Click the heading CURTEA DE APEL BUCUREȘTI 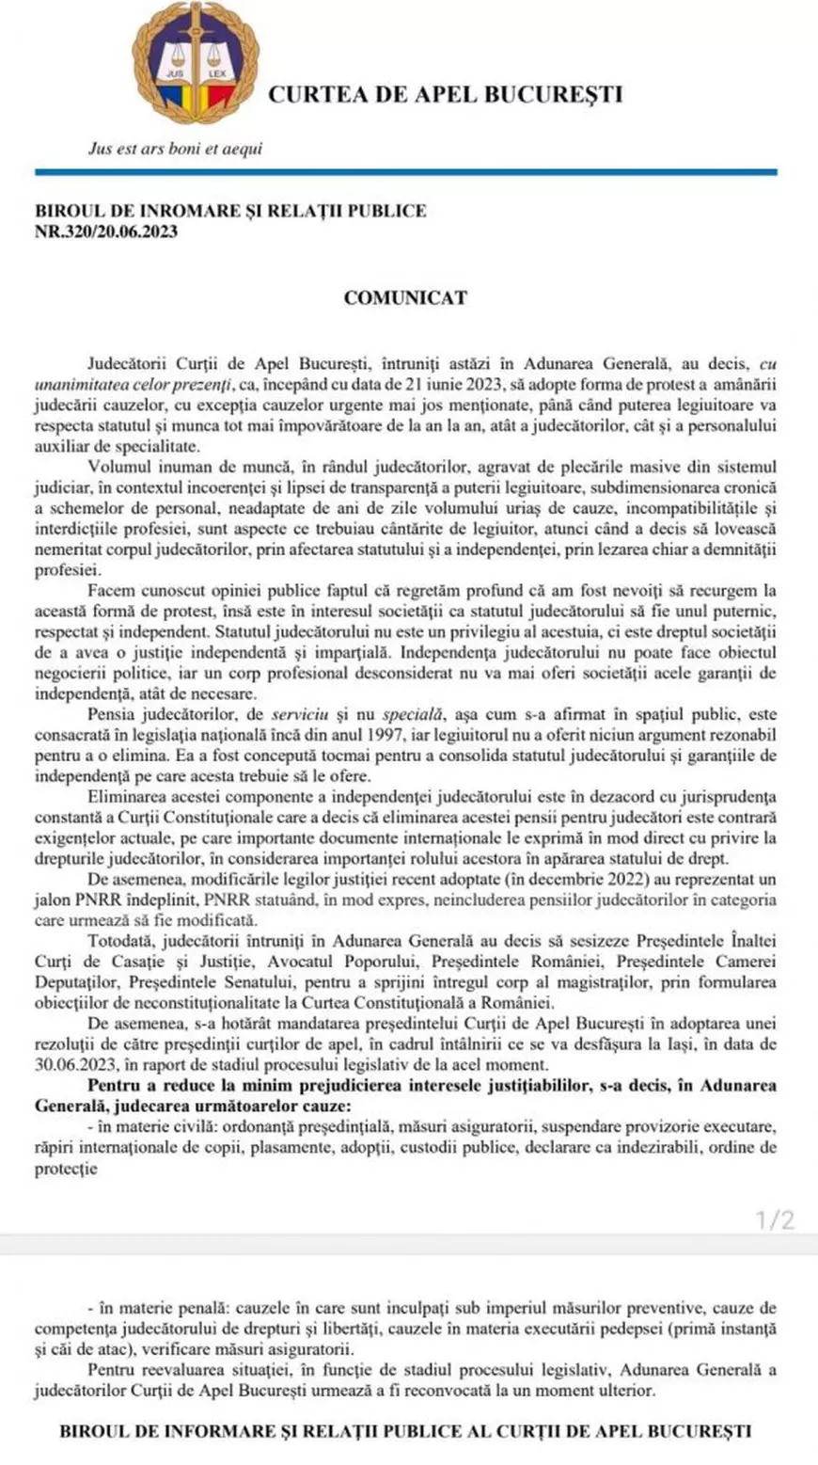(447, 94)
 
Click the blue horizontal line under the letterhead (406, 172)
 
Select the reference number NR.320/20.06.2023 (106, 231)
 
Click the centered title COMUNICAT (405, 297)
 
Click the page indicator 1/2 (776, 1221)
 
